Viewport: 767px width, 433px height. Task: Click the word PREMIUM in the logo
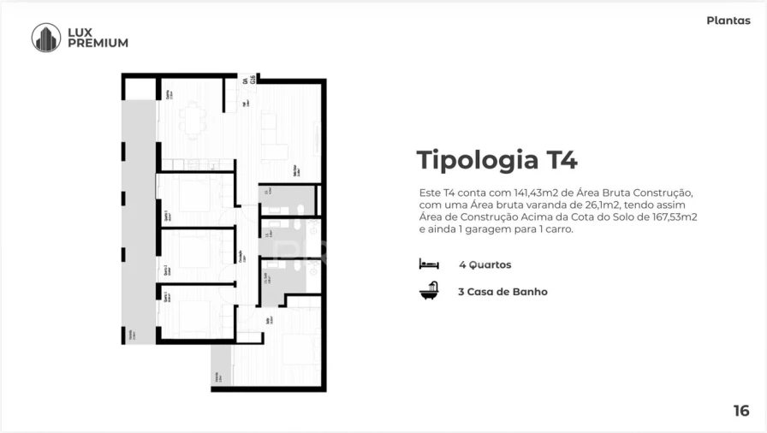point(98,44)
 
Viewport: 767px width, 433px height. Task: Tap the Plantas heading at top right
point(728,21)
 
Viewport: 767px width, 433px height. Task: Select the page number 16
point(740,411)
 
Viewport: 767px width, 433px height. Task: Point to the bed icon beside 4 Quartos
point(429,264)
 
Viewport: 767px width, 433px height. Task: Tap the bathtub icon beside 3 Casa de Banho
point(429,291)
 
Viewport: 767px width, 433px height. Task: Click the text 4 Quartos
point(485,265)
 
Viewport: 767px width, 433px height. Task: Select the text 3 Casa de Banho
point(502,292)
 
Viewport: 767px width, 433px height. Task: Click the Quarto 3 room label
point(166,217)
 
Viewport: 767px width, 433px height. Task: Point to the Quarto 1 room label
point(166,297)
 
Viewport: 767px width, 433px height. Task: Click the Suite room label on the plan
point(268,320)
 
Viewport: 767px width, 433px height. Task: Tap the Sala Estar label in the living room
point(295,170)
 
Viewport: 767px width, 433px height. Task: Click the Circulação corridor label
point(240,256)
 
